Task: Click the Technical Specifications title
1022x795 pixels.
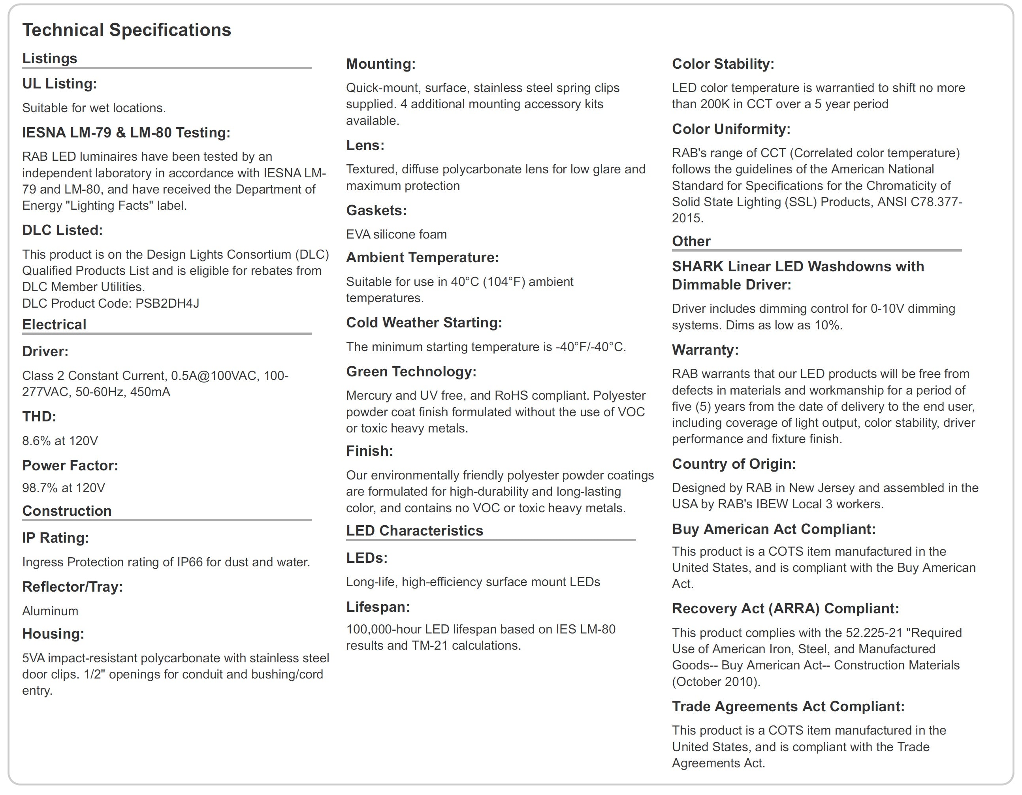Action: click(x=126, y=30)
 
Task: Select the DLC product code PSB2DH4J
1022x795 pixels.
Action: click(x=167, y=303)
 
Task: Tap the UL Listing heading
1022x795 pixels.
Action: click(x=59, y=84)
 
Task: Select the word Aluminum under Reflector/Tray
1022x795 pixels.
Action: click(x=50, y=611)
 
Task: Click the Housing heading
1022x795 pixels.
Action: click(x=53, y=634)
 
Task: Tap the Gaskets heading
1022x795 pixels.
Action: click(x=376, y=210)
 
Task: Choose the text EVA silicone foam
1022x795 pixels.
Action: click(x=396, y=235)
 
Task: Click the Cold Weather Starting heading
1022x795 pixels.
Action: click(x=423, y=323)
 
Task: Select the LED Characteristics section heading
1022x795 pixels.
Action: click(x=414, y=531)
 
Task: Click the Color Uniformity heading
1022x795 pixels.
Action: click(x=731, y=129)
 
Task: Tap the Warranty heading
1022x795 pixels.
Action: click(x=705, y=350)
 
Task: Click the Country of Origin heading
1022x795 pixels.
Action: click(x=734, y=464)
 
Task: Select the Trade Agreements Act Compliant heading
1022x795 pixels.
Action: click(x=788, y=707)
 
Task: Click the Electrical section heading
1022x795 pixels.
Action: click(x=54, y=325)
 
